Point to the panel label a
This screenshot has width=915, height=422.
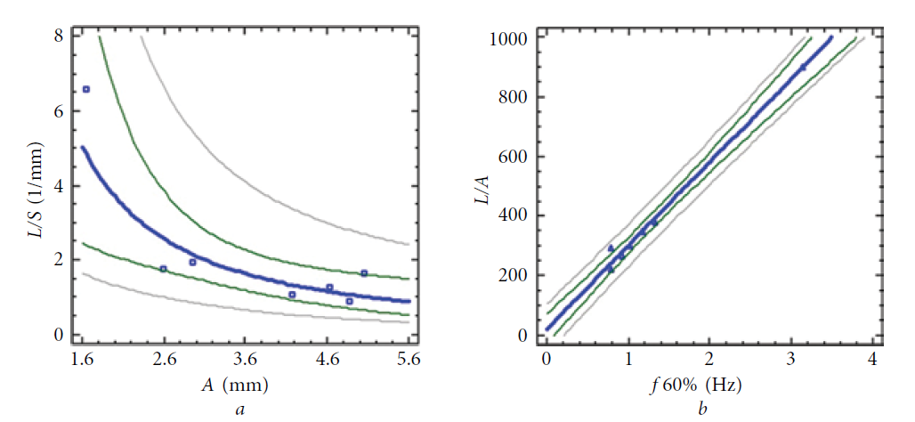pos(234,409)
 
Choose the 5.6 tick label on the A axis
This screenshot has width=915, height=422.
pos(409,361)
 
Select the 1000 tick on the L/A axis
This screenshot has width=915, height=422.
pos(511,39)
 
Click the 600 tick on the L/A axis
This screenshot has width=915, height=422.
pos(514,158)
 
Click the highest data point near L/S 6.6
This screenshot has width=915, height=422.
pos(86,89)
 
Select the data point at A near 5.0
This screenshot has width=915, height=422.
pos(364,273)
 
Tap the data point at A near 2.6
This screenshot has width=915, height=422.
pos(163,268)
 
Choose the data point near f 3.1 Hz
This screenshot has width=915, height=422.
pos(802,68)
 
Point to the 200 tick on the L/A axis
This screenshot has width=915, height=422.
pos(514,276)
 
